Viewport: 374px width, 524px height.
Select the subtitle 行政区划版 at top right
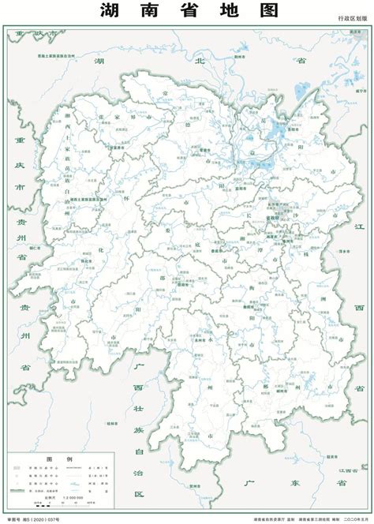353,17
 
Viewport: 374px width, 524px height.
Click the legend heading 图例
59,459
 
